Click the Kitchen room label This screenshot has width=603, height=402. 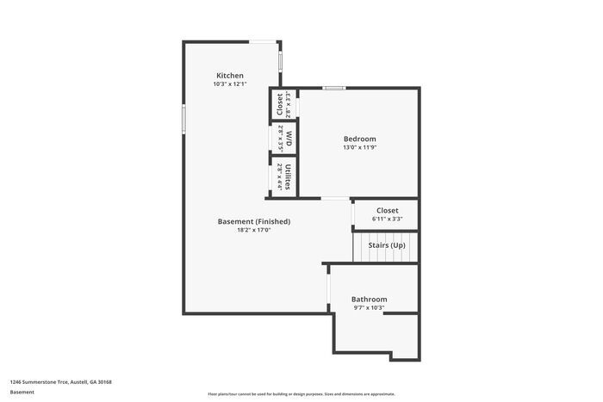230,76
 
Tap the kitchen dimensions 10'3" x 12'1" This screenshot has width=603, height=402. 230,84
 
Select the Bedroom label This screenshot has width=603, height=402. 359,139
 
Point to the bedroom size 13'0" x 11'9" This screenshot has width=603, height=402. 359,147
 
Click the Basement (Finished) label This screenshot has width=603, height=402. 253,221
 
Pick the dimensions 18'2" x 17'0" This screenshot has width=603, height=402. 253,230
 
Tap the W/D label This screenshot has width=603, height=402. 289,138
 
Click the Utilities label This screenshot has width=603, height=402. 289,176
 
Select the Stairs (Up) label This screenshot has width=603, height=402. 387,245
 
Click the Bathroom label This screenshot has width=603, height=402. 369,299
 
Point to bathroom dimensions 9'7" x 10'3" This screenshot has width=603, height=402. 369,307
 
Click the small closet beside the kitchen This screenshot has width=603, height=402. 281,105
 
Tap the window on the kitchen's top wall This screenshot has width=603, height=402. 263,40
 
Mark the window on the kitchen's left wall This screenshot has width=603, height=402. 183,118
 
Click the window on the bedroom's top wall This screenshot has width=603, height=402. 334,88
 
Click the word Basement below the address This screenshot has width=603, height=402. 22,392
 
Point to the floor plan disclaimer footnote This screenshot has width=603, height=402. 301,393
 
